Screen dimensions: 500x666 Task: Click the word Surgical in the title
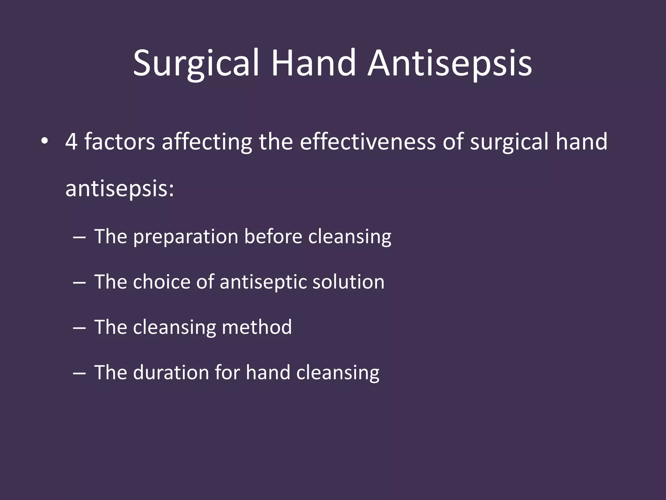tap(196, 63)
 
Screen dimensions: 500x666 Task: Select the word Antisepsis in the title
tap(450, 63)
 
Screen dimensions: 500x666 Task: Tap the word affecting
tap(207, 142)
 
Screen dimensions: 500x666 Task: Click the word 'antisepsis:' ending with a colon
tap(120, 188)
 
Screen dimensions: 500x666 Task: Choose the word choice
tap(161, 282)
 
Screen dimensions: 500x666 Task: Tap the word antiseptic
tap(263, 282)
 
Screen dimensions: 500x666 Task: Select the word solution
tap(348, 282)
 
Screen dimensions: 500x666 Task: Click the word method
tap(257, 327)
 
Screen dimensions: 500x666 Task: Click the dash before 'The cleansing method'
tap(79, 327)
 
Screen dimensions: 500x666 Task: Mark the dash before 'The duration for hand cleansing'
tap(79, 373)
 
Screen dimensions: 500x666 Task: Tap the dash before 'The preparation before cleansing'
tap(79, 237)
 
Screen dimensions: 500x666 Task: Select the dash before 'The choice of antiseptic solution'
tap(79, 282)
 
